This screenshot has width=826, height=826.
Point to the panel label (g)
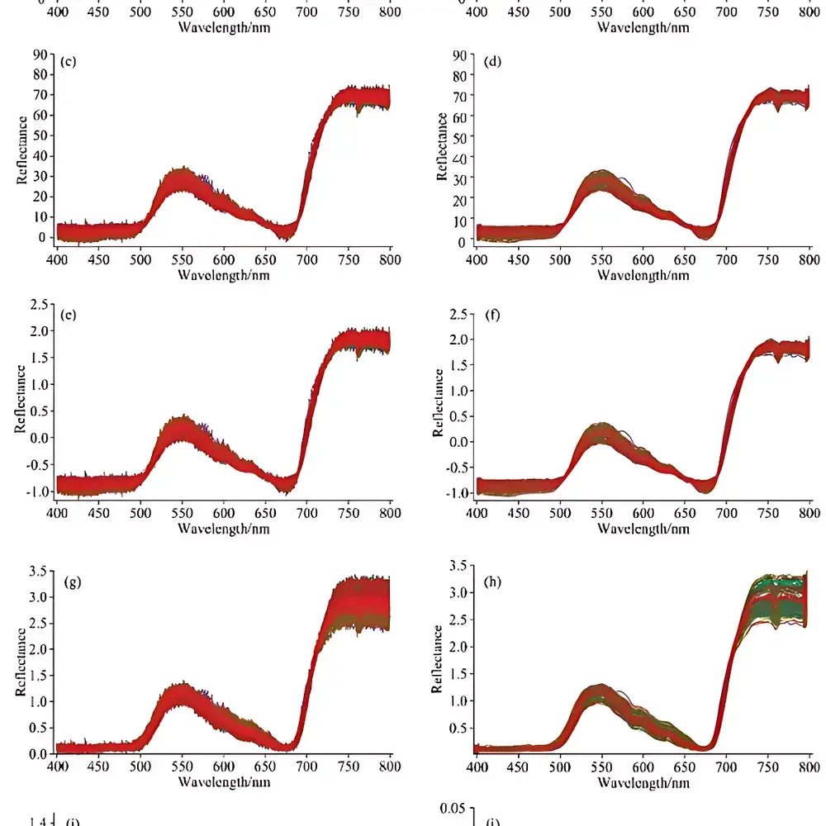pyautogui.click(x=73, y=582)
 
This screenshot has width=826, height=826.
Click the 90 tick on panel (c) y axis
pyautogui.click(x=39, y=55)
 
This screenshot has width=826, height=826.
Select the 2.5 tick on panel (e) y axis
pyautogui.click(x=36, y=306)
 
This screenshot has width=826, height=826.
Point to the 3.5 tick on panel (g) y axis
pyautogui.click(x=36, y=571)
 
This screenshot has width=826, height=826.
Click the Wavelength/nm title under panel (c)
pyautogui.click(x=223, y=275)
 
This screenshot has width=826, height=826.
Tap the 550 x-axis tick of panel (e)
pyautogui.click(x=182, y=514)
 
